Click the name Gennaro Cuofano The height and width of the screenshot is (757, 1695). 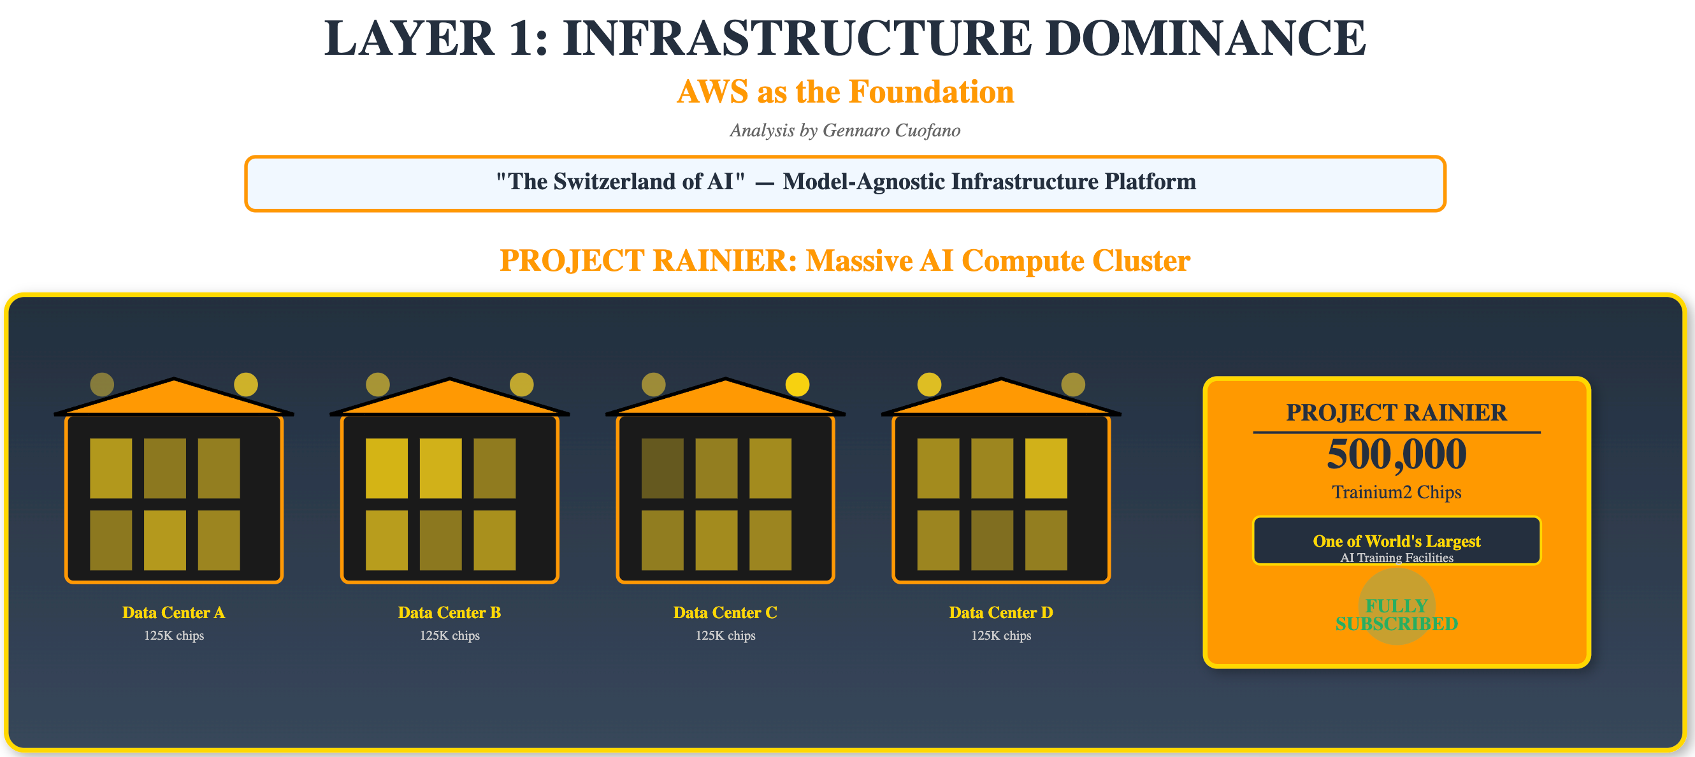(x=891, y=131)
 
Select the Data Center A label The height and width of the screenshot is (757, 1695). (x=174, y=613)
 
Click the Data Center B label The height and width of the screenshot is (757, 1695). (x=449, y=613)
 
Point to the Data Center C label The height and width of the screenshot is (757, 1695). (x=725, y=613)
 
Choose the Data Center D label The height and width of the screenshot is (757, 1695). (x=1001, y=613)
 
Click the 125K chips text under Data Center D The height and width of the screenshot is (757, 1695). (x=1001, y=636)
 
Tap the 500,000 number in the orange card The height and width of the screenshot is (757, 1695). (x=1396, y=454)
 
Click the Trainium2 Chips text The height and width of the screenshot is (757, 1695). (x=1396, y=493)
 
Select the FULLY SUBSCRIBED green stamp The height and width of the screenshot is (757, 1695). (x=1396, y=614)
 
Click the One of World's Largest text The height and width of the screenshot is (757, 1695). (x=1396, y=541)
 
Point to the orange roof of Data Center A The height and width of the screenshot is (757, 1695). (x=174, y=399)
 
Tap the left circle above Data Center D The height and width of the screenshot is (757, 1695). (x=929, y=384)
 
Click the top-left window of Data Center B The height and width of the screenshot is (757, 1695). (x=386, y=468)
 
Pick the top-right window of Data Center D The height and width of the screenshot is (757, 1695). (x=1046, y=468)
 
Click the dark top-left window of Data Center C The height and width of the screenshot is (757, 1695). (x=662, y=468)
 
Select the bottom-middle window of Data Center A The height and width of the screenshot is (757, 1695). (x=164, y=540)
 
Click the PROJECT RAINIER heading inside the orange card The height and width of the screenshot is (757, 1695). (x=1396, y=413)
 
